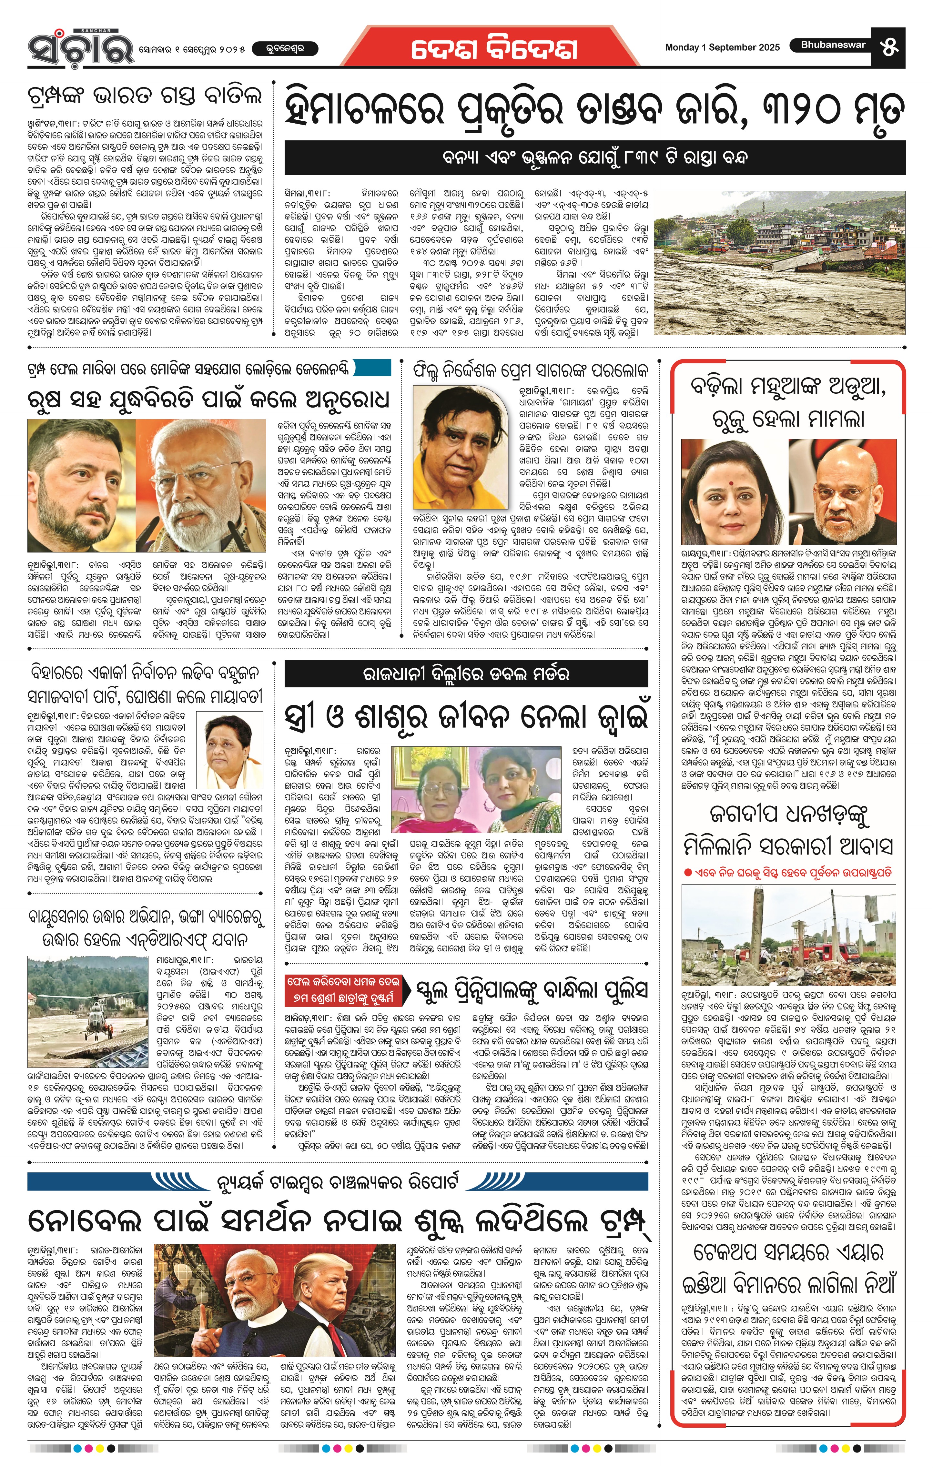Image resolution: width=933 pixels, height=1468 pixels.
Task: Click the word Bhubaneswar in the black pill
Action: tap(833, 45)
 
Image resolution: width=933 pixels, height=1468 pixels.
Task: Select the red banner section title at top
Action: tap(494, 49)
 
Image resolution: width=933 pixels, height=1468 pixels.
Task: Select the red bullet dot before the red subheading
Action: tap(687, 872)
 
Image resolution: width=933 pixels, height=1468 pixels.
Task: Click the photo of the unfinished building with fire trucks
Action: tap(788, 934)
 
